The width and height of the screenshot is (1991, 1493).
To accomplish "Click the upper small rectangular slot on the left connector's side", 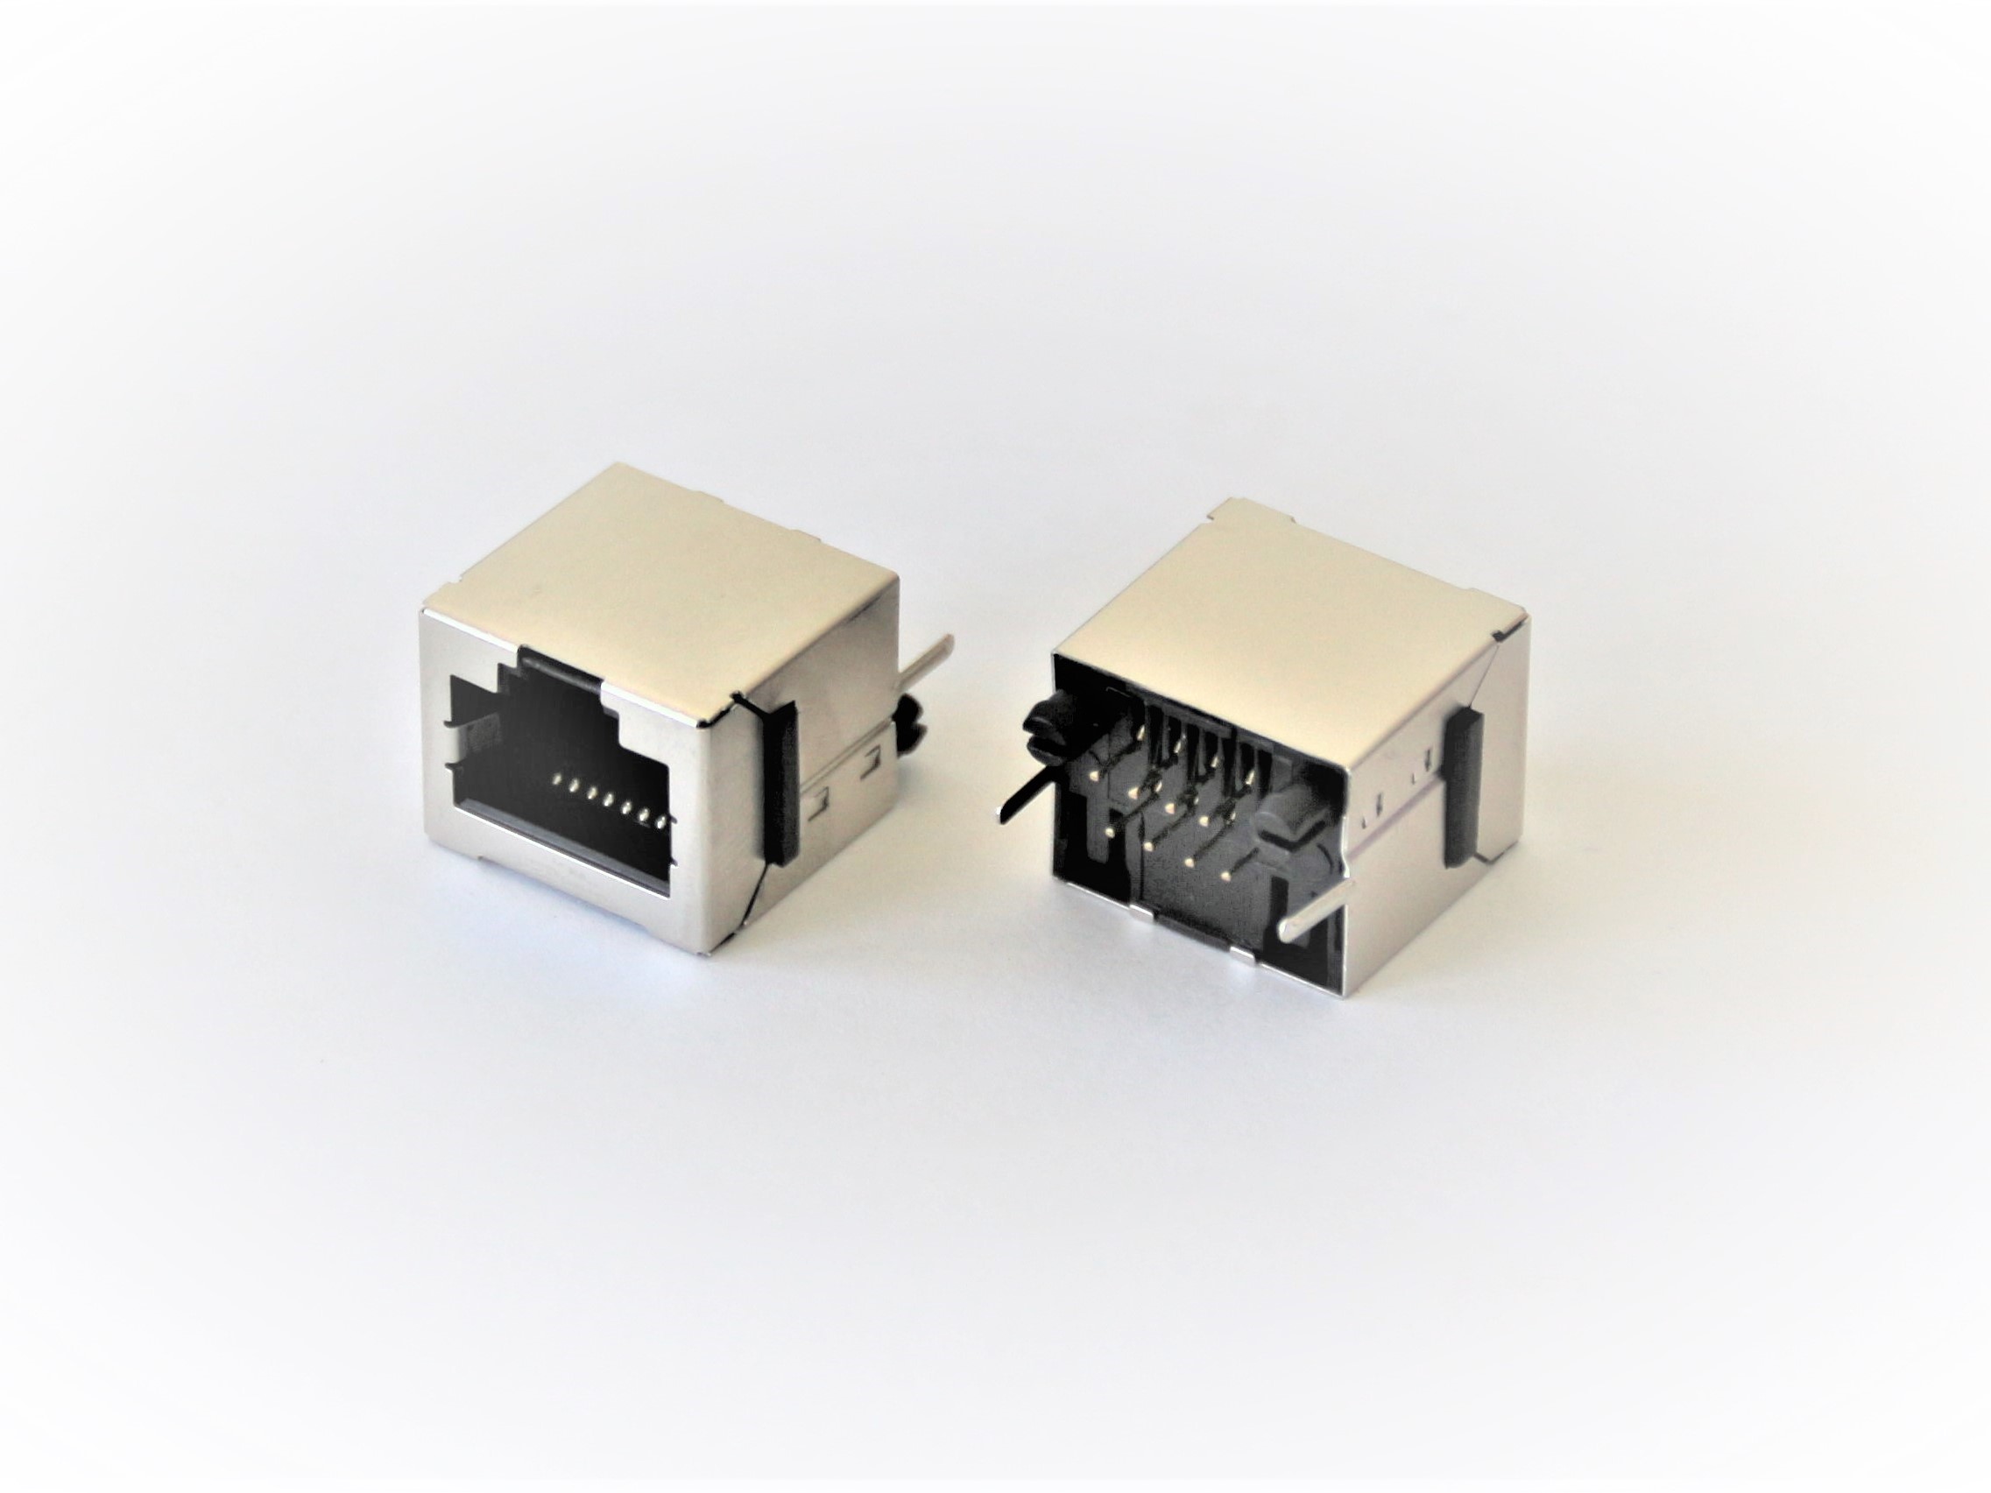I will [x=871, y=741].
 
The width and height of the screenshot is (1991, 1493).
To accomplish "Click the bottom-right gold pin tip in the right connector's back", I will [x=1227, y=877].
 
